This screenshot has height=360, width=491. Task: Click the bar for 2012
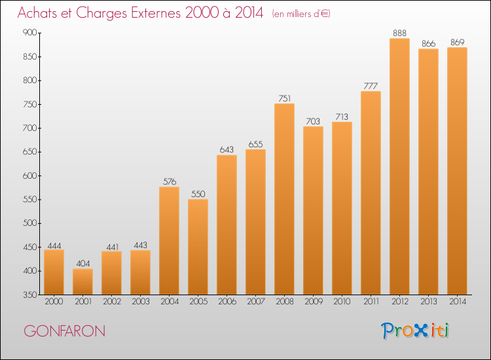click(x=399, y=166)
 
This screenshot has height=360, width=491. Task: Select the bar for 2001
click(x=82, y=281)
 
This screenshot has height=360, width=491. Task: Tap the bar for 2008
click(x=284, y=199)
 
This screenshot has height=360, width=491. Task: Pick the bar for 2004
click(x=169, y=240)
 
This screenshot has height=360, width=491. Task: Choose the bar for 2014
click(x=457, y=171)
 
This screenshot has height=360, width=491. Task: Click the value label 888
click(x=399, y=33)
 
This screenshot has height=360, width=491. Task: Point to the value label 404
click(x=82, y=263)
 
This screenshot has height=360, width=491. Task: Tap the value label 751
click(x=284, y=98)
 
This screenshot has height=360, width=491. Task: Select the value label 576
click(x=169, y=181)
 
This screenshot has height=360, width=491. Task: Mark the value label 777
click(x=371, y=86)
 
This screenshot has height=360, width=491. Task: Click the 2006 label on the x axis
click(x=227, y=302)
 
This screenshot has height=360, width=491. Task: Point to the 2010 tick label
click(x=342, y=302)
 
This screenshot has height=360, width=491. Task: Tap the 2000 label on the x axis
click(x=54, y=302)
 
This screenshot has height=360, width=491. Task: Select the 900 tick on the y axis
click(x=29, y=33)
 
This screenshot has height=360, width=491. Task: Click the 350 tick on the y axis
click(x=29, y=295)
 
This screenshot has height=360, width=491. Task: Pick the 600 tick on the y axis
click(x=29, y=175)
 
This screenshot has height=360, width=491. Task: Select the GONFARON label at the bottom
click(x=64, y=331)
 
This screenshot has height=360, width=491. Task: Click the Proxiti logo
click(x=416, y=331)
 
